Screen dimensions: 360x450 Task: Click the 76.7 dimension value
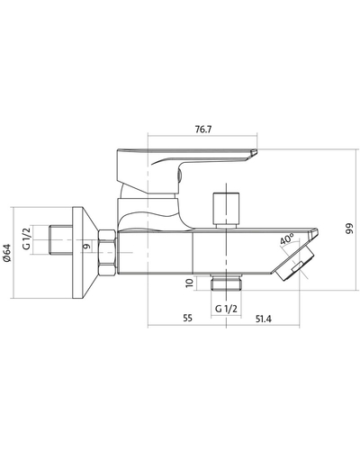click(x=203, y=130)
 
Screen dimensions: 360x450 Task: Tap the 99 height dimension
click(x=349, y=229)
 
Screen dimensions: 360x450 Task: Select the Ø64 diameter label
click(x=7, y=253)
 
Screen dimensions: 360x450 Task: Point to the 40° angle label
click(x=287, y=239)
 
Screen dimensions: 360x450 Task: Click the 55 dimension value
click(x=187, y=318)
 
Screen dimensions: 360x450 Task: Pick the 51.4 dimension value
click(x=264, y=319)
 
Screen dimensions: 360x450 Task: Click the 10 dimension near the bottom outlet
click(x=189, y=283)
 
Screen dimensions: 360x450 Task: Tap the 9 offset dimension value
click(x=86, y=246)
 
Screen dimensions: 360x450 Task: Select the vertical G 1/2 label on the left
click(x=27, y=238)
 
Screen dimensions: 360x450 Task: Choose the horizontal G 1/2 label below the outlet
click(x=226, y=309)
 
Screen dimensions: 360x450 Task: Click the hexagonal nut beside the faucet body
click(x=107, y=252)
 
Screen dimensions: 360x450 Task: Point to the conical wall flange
click(x=85, y=253)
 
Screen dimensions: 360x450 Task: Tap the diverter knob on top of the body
click(x=226, y=210)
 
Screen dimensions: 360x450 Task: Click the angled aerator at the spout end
click(x=294, y=263)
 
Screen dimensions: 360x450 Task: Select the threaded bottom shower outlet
click(x=226, y=282)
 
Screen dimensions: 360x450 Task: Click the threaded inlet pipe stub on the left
click(x=60, y=240)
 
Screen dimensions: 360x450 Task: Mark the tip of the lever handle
click(x=257, y=150)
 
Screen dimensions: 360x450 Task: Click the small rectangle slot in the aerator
click(x=298, y=266)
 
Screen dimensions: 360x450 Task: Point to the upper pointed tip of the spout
click(x=318, y=229)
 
